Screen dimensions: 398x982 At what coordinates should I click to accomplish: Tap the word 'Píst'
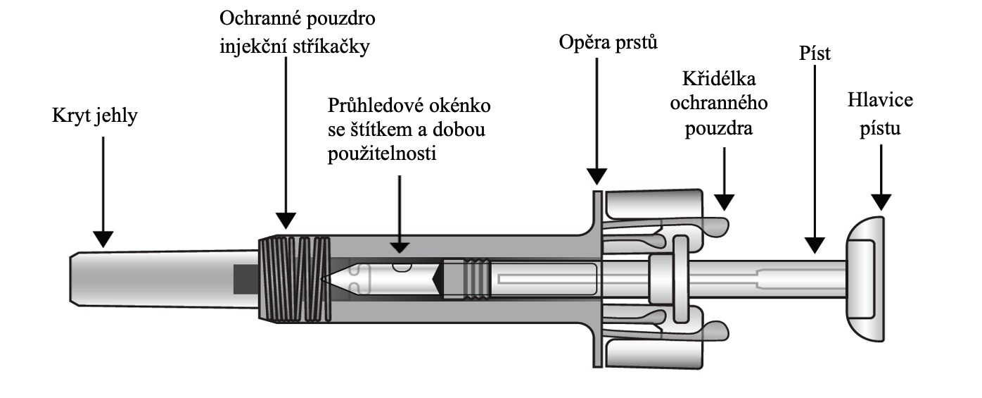pyautogui.click(x=815, y=54)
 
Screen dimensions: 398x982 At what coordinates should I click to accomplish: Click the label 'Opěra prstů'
pyautogui.click(x=608, y=44)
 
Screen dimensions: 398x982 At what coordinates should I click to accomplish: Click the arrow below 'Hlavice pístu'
pyautogui.click(x=879, y=176)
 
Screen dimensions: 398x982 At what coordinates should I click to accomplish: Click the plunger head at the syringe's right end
pyautogui.click(x=864, y=279)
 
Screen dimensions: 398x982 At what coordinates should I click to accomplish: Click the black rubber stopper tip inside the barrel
pyautogui.click(x=438, y=279)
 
